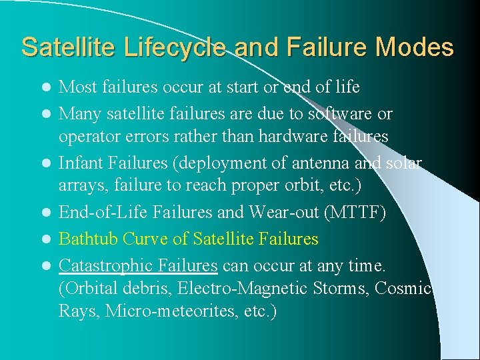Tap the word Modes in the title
(415, 48)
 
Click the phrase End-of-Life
(98, 213)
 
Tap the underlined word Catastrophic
(103, 265)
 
